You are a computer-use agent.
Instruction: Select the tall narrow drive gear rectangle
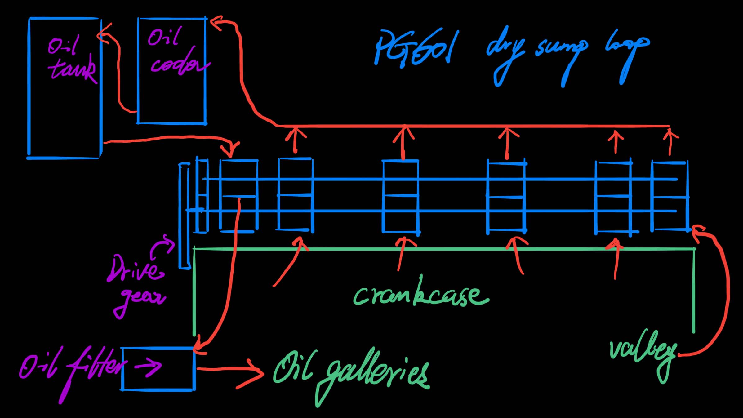click(184, 216)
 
